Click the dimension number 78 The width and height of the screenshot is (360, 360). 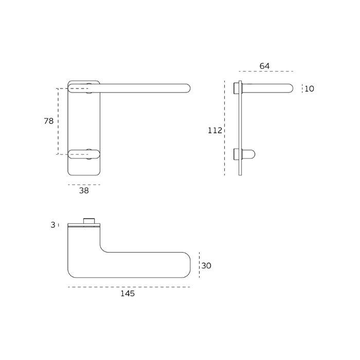point(49,121)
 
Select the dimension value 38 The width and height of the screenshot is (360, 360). point(84,190)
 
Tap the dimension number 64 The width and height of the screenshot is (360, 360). point(264,66)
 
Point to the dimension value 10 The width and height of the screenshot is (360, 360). point(309,88)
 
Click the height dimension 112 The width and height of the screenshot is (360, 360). point(214,131)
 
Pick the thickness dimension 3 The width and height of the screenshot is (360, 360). point(53,225)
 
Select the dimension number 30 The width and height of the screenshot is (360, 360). point(206,266)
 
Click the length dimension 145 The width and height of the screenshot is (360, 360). point(128,294)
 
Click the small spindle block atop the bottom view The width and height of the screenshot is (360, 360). point(91,221)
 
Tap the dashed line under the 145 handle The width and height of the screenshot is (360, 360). point(129,287)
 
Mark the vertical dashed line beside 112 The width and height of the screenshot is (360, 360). point(225,129)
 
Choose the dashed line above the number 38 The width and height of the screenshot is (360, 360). point(84,184)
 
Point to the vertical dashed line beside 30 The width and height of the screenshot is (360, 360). point(199,266)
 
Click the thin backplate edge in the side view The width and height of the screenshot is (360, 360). point(240,129)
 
